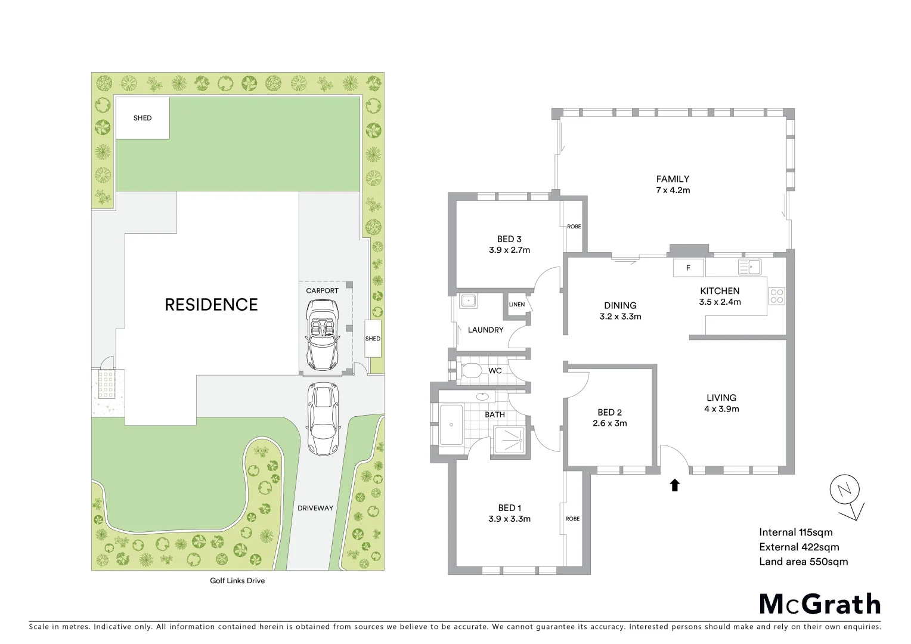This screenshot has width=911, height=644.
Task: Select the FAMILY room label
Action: (x=673, y=179)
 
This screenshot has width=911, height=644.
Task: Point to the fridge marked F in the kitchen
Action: (x=688, y=268)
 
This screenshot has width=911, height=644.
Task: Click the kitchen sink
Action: (x=751, y=267)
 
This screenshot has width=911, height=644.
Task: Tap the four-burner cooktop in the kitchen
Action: (x=776, y=296)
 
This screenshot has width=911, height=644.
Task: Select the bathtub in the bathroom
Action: (x=451, y=425)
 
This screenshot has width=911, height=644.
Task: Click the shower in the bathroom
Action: (x=510, y=441)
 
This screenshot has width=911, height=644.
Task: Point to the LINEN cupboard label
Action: (x=516, y=305)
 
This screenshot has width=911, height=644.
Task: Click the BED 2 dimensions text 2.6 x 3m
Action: (x=609, y=423)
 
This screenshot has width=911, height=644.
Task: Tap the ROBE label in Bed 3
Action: (x=574, y=227)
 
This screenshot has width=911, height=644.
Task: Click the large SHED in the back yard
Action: (x=142, y=118)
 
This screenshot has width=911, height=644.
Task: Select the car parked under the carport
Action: (x=322, y=334)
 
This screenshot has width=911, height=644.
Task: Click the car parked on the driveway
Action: (x=323, y=418)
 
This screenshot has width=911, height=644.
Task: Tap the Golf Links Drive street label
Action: (x=237, y=580)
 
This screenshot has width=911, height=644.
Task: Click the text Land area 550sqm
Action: (x=803, y=561)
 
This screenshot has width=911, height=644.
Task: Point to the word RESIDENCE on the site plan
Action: (x=211, y=305)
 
